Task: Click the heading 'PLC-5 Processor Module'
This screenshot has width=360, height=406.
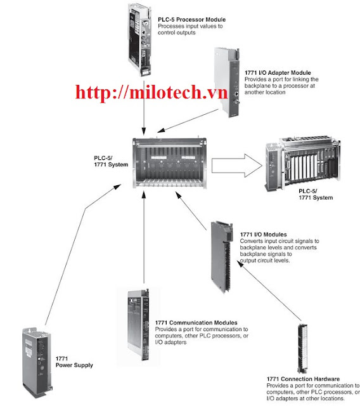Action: tap(191, 20)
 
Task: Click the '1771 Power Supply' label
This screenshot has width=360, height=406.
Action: tap(74, 362)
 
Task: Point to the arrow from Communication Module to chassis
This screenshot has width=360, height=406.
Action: tap(145, 241)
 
